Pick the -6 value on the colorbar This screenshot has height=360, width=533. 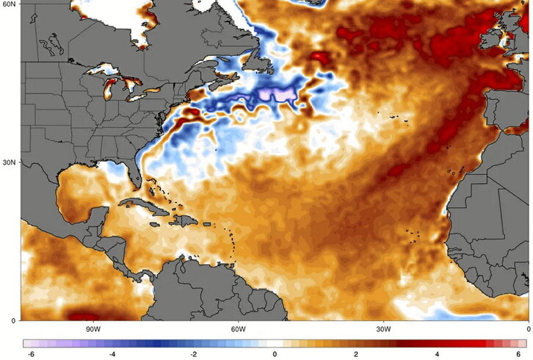pyautogui.click(x=30, y=353)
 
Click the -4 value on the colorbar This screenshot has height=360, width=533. pyautogui.click(x=112, y=353)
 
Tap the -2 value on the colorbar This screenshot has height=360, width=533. pyautogui.click(x=193, y=353)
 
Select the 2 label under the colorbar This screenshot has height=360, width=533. pyautogui.click(x=355, y=353)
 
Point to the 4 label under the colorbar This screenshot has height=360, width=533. pyautogui.click(x=437, y=353)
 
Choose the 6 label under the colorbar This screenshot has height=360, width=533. pyautogui.click(x=518, y=353)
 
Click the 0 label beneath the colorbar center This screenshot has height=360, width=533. pyautogui.click(x=275, y=353)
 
